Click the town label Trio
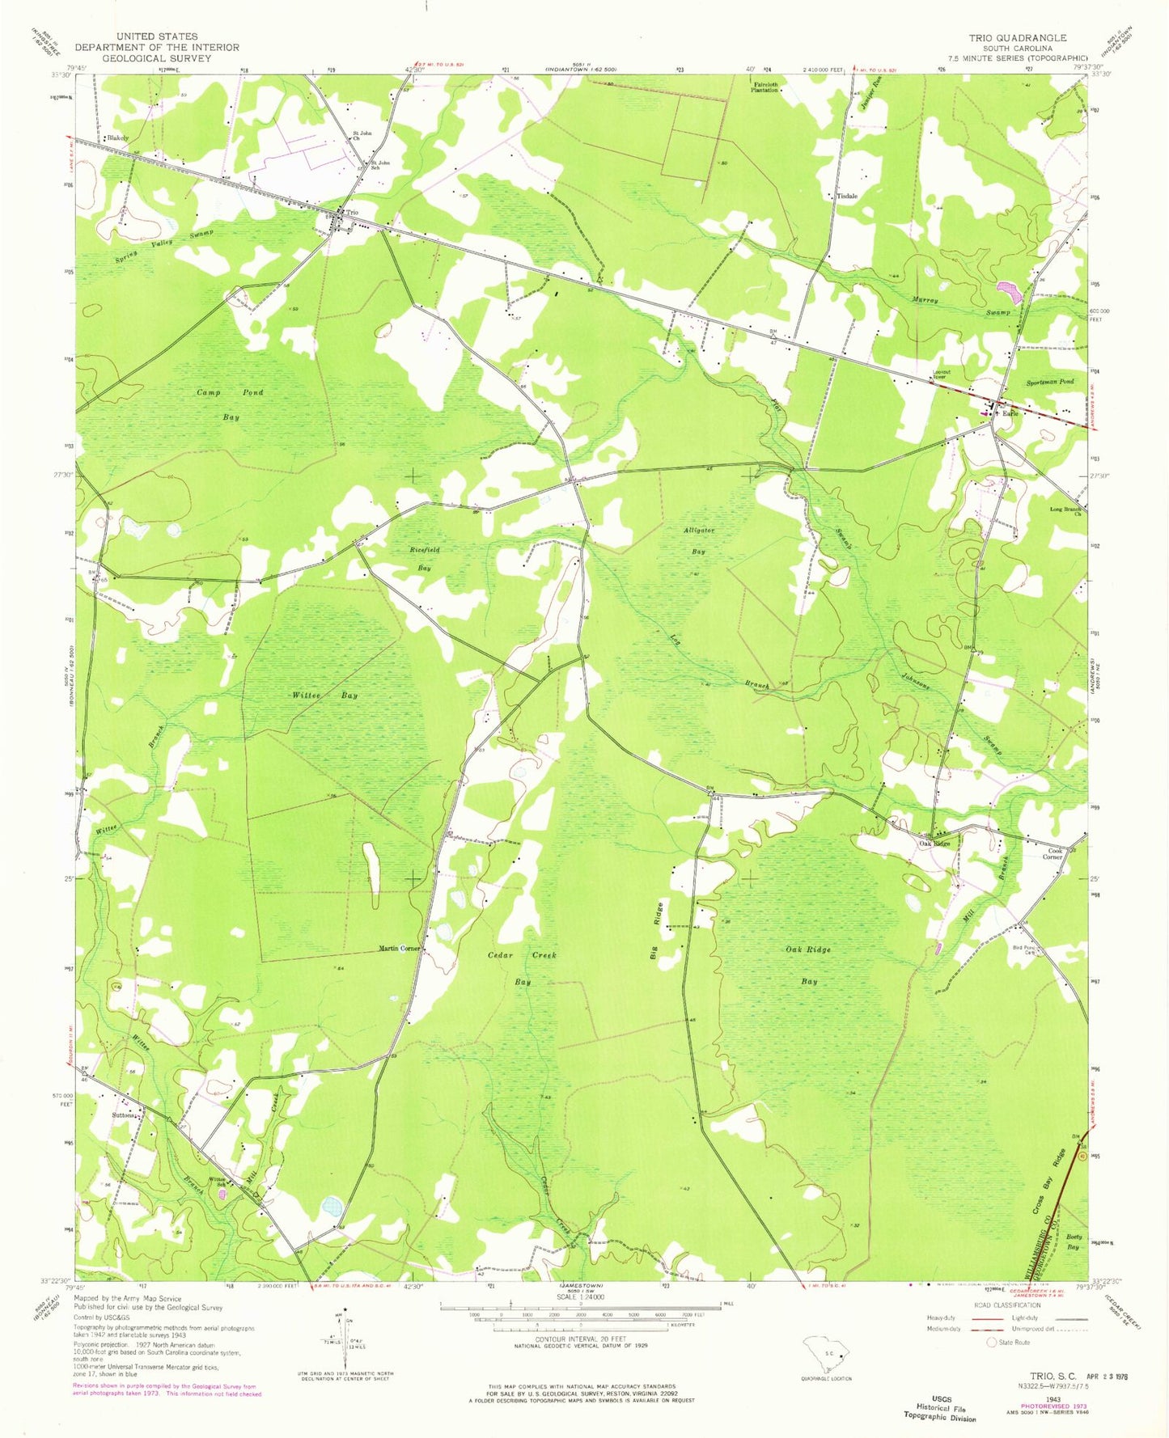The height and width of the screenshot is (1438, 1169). [x=352, y=214]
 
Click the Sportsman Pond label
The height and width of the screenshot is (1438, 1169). [x=1050, y=382]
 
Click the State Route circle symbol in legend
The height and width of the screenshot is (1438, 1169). [x=992, y=1343]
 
